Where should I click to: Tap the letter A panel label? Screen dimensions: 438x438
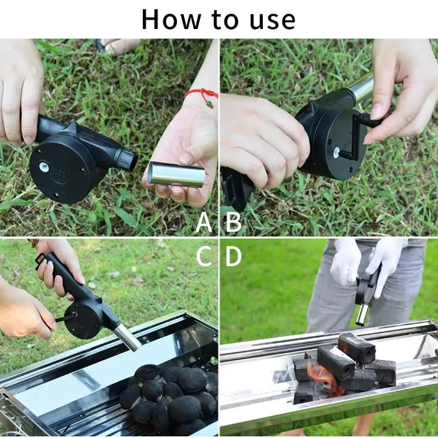(204, 222)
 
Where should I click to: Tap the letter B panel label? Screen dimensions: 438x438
(233, 222)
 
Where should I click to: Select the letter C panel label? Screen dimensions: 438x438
(204, 256)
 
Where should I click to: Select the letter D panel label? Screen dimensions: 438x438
(233, 256)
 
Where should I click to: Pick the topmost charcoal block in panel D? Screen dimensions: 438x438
(356, 348)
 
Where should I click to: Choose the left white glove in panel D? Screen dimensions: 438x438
(345, 262)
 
